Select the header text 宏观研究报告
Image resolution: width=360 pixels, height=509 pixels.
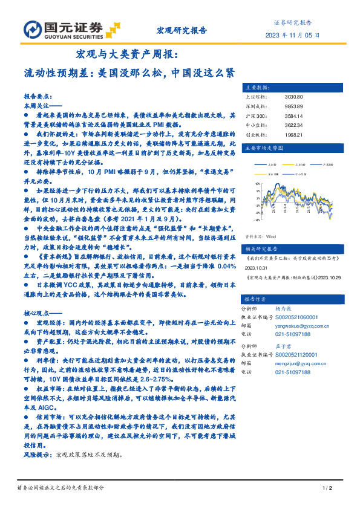[182, 29]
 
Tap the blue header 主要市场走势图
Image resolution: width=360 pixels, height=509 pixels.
[263, 147]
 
